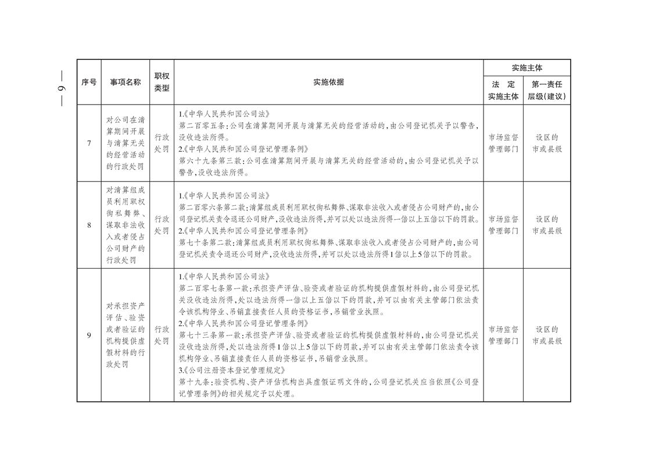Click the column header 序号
click(89, 83)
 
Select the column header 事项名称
click(126, 83)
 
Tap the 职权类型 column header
click(162, 83)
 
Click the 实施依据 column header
click(328, 83)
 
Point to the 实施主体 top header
click(527, 67)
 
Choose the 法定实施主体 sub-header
click(503, 91)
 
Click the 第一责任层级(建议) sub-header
click(547, 91)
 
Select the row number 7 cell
click(89, 143)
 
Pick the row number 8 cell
click(89, 225)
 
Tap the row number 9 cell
click(89, 335)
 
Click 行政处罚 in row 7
click(162, 143)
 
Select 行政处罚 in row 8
click(162, 225)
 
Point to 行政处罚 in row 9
click(162, 335)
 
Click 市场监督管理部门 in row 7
click(503, 143)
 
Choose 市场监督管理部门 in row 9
click(503, 335)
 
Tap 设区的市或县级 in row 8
click(547, 225)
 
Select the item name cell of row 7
click(126, 143)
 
